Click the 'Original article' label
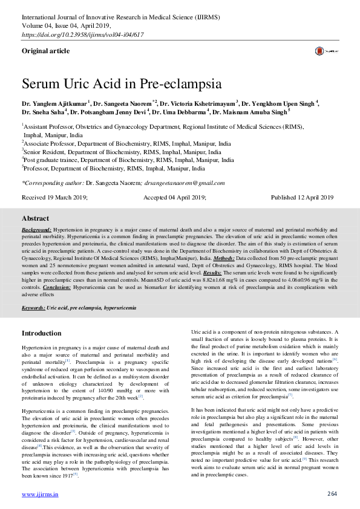point(45,51)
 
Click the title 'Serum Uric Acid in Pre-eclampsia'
point(122,83)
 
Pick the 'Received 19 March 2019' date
point(54,198)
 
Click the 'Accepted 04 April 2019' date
point(174,198)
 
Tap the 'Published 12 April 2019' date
point(302,198)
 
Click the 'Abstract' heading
point(36,218)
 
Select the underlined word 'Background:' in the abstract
point(36,230)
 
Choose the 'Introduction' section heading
point(41,333)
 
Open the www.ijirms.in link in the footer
point(40,494)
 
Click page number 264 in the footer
point(332,494)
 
